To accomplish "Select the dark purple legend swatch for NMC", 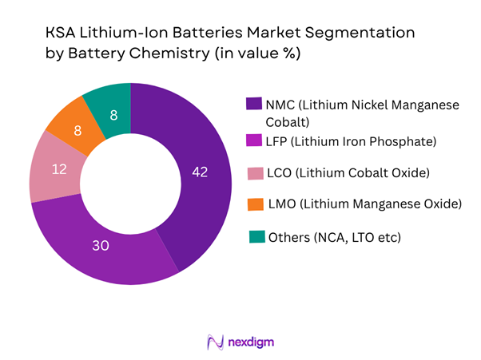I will pos(253,103).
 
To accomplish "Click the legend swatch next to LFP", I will pos(253,142).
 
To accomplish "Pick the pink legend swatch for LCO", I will pos(253,173).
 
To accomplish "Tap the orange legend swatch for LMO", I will pos(253,205).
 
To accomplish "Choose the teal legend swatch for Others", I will pos(253,237).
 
